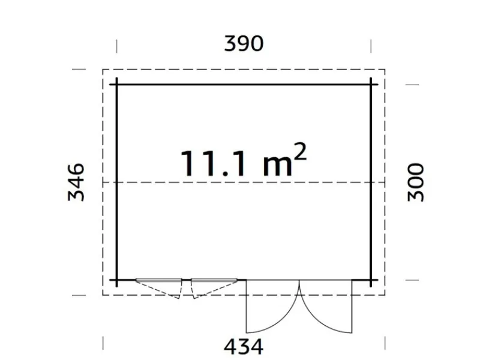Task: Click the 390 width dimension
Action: [x=244, y=44]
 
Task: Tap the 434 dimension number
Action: [x=244, y=346]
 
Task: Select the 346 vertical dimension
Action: [x=76, y=182]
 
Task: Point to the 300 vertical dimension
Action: [x=416, y=182]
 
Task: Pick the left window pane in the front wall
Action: [x=159, y=280]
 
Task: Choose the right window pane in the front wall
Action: [x=214, y=280]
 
